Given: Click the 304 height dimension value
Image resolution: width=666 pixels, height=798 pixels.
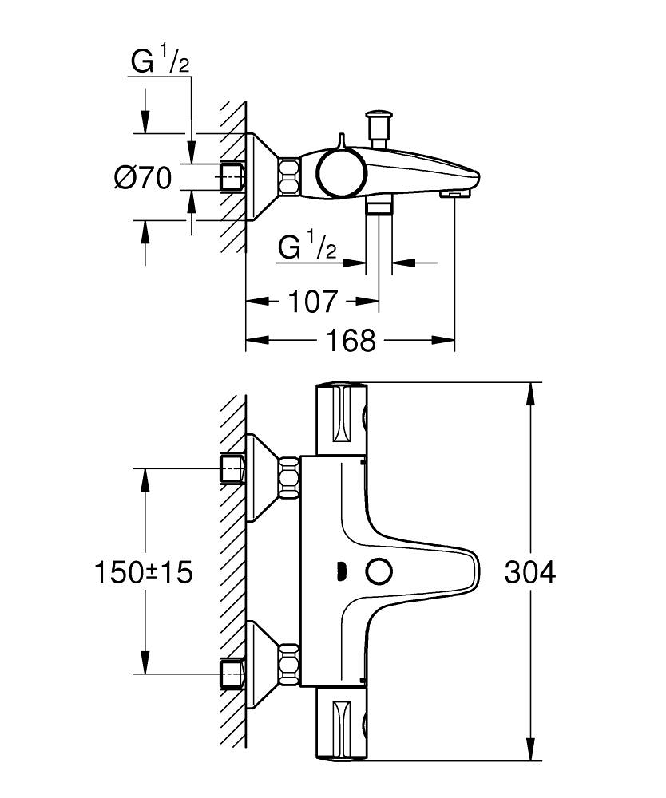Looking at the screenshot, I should [529, 572].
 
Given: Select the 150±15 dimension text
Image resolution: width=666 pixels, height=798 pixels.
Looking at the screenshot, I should [144, 572].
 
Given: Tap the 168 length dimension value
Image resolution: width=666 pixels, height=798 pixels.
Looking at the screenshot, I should [351, 341].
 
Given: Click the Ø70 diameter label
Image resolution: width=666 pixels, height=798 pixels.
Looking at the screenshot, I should [143, 179].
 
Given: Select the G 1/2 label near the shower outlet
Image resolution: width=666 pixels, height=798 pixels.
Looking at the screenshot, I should [306, 248].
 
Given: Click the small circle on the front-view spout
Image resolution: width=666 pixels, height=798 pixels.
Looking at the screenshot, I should [377, 571].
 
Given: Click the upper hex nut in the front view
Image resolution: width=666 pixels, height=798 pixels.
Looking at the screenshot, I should [288, 476].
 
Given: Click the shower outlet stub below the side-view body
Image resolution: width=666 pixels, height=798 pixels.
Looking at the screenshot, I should [379, 207].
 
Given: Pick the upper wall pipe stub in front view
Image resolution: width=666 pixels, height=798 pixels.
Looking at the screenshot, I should [232, 469].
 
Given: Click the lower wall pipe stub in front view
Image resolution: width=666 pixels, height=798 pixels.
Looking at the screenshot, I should [232, 674].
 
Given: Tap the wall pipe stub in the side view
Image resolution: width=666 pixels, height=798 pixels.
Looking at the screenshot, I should [232, 176].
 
